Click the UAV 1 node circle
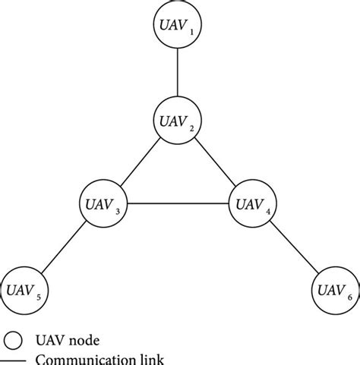[x=177, y=27]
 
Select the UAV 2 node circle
[x=177, y=118]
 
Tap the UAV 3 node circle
[x=102, y=203]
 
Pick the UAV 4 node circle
[x=252, y=203]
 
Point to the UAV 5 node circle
[x=24, y=288]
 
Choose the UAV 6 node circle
[x=332, y=288]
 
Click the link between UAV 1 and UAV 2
[x=177, y=73]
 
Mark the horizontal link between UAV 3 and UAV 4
[x=177, y=203]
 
